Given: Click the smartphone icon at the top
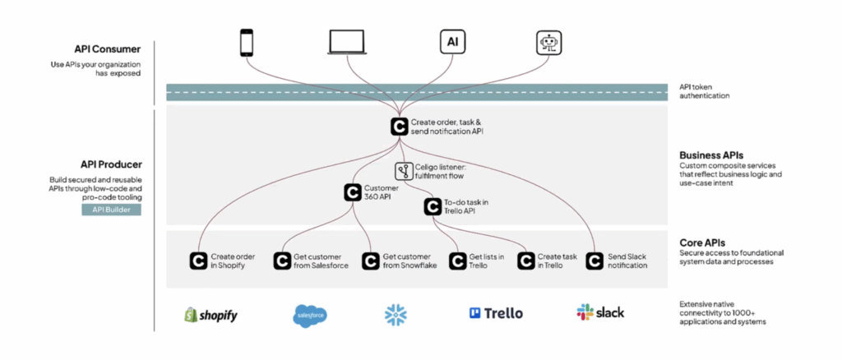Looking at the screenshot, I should tap(246, 43).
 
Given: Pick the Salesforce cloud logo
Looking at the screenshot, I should tap(310, 314).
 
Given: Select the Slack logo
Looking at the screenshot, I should tap(600, 312).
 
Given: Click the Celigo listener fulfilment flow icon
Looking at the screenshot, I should tap(404, 172).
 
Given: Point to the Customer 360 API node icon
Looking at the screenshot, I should tap(353, 192).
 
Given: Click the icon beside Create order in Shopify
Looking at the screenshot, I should tap(198, 261).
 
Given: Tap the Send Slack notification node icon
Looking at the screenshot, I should tap(594, 261).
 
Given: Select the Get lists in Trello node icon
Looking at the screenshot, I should tap(458, 261).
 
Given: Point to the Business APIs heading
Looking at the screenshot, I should tap(711, 154).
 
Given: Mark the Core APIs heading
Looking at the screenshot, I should tap(702, 242).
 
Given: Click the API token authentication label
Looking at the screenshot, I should tap(705, 90).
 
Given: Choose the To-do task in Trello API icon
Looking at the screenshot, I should tap(433, 207).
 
